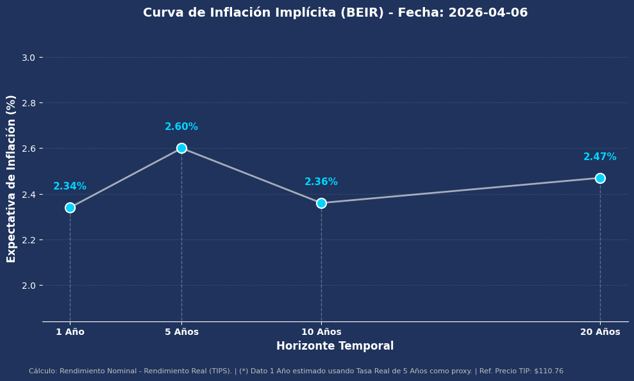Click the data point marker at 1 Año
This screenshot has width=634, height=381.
(70, 207)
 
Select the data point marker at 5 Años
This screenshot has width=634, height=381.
(181, 148)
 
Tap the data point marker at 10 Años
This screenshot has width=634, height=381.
(321, 203)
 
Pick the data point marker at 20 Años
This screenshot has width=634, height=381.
(600, 178)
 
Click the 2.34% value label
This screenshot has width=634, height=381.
(70, 186)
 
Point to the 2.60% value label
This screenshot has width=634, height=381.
(181, 127)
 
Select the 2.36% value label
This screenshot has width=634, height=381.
(321, 182)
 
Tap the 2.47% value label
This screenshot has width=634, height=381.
(600, 157)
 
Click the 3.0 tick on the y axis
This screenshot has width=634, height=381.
(28, 58)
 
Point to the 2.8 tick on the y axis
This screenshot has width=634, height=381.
(28, 103)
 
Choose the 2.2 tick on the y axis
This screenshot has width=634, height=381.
(28, 240)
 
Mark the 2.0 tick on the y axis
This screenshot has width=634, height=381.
(28, 286)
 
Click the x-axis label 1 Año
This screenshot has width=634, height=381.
(70, 332)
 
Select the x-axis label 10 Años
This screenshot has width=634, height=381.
(321, 332)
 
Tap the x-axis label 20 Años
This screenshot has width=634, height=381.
(600, 332)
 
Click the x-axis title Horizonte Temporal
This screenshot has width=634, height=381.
(335, 346)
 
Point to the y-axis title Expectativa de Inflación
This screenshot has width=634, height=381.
(12, 178)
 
